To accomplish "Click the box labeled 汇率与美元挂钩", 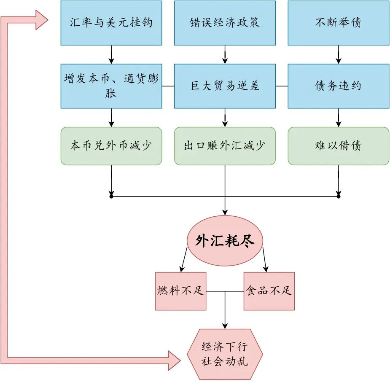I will [111, 23].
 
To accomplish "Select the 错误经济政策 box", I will [225, 23].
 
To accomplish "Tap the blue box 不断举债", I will [338, 23].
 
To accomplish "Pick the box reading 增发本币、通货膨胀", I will [111, 86].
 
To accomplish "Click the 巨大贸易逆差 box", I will [225, 86].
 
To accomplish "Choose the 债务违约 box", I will [338, 86].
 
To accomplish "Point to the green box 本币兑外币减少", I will [111, 146].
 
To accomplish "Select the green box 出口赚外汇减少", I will [225, 146].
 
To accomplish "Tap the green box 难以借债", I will [338, 146].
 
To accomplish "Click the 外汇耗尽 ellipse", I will [225, 241].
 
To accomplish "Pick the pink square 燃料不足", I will [180, 291].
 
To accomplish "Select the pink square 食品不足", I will [269, 291].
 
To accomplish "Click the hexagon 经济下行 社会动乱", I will [225, 354].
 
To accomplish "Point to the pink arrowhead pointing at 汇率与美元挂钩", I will [41, 20].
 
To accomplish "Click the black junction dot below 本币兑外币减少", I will [111, 196].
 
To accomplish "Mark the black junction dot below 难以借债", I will [338, 196].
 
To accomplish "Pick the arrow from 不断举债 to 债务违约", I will [338, 54].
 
